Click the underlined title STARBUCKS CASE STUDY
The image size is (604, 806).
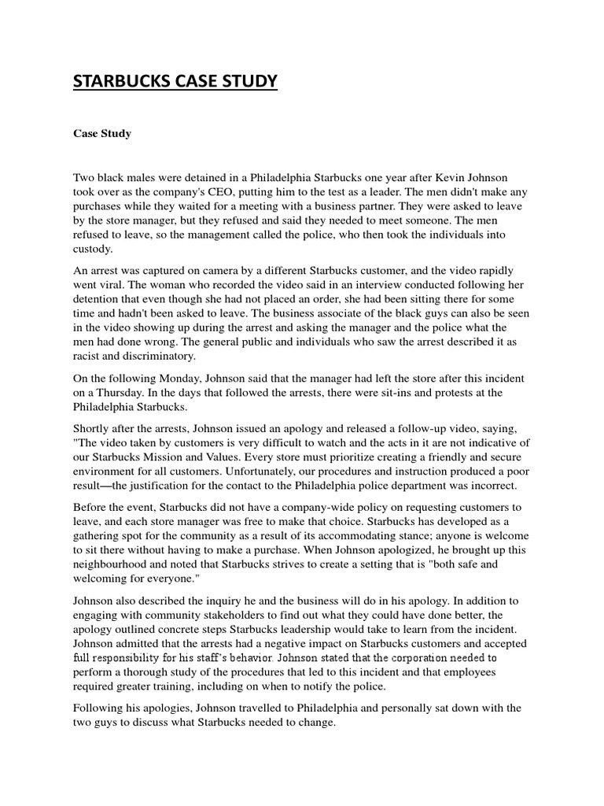click(175, 82)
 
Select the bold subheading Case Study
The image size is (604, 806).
click(102, 134)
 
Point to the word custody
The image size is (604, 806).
click(93, 250)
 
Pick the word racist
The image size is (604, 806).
click(88, 355)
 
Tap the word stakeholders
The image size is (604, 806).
click(239, 615)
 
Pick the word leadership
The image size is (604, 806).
click(337, 630)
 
